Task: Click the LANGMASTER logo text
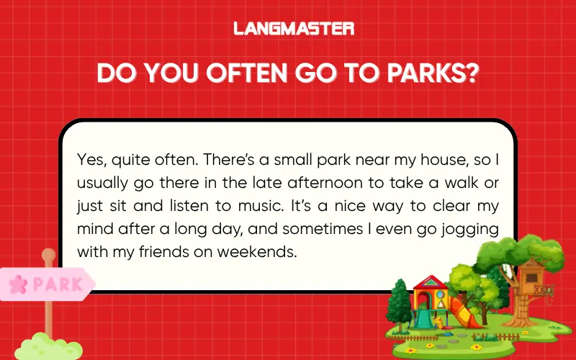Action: pos(294,29)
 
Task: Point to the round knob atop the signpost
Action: pos(48,255)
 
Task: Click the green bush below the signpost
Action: pos(49,346)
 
